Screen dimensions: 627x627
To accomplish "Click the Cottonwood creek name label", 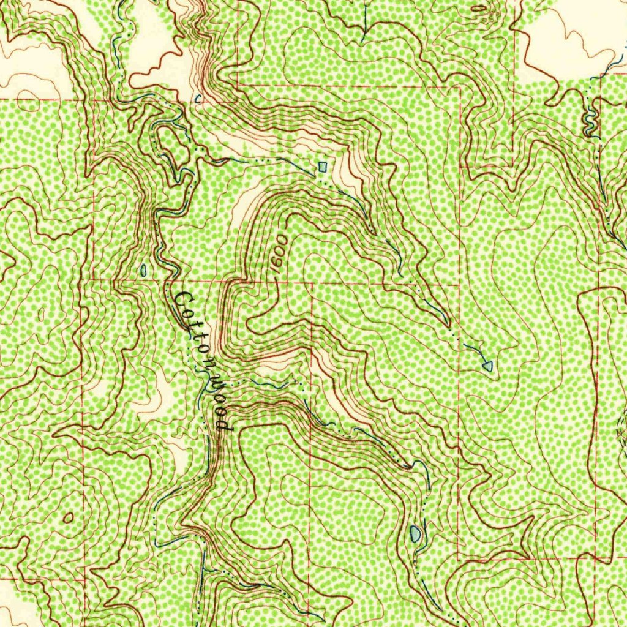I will (x=203, y=361).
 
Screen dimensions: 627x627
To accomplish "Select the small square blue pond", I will (x=323, y=167).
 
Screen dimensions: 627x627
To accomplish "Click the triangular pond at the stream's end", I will (x=488, y=366).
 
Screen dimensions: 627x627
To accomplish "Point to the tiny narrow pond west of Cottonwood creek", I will (x=143, y=269).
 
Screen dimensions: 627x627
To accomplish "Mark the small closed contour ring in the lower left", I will (x=67, y=518).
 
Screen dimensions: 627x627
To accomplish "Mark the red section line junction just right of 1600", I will (x=312, y=283).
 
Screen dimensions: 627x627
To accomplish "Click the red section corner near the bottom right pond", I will (x=459, y=558).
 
